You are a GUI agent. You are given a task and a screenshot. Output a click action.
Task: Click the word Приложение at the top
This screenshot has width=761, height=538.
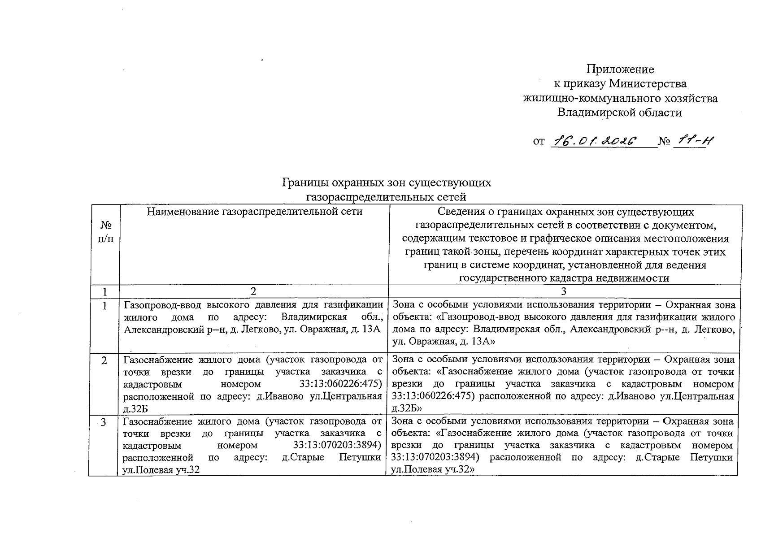coord(620,69)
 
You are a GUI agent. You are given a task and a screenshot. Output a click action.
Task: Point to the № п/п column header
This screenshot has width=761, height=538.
coord(105,232)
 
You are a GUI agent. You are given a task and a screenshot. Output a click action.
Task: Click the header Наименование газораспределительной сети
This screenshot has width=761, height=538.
coord(254,212)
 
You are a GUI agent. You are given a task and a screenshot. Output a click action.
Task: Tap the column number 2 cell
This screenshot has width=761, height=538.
coord(253,291)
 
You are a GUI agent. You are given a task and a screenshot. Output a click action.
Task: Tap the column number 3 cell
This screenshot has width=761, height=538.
coord(564,291)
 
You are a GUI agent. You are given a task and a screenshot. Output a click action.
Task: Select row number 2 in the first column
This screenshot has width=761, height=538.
coord(104,360)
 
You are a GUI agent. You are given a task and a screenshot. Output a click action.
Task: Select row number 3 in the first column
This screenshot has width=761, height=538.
coord(104,422)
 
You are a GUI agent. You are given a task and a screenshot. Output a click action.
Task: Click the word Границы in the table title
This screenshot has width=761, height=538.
coord(303,183)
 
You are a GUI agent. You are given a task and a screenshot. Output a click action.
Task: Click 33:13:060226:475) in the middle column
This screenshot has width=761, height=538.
coord(340,384)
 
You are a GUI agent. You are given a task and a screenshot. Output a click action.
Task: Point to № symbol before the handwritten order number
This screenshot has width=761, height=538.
coord(664,142)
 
